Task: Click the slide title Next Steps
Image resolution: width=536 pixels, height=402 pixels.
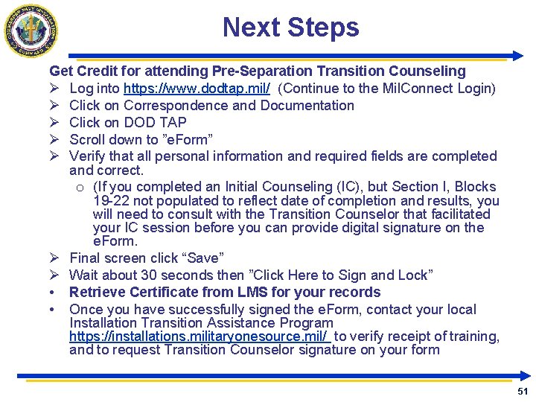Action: click(x=290, y=28)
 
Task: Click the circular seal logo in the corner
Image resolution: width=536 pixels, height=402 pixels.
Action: click(x=31, y=31)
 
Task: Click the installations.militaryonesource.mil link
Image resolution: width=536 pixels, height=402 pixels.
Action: click(x=200, y=336)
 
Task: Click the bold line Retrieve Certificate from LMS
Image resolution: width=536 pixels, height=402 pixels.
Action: click(x=225, y=293)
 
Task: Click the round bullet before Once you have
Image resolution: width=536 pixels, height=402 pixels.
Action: click(x=54, y=310)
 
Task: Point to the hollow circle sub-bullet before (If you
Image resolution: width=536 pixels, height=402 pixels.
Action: click(x=80, y=187)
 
